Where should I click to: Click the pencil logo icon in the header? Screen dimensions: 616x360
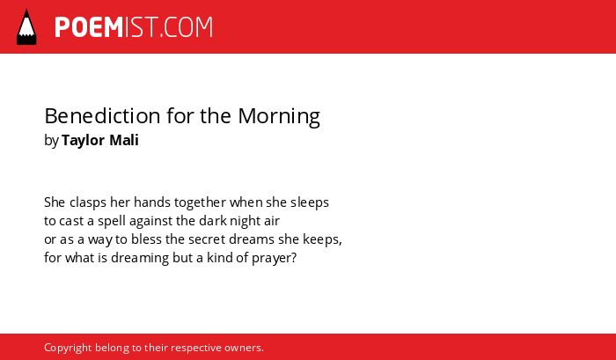pyautogui.click(x=26, y=26)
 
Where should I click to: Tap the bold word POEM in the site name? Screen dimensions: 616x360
pyautogui.click(x=89, y=27)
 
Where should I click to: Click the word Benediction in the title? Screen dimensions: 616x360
pyautogui.click(x=103, y=115)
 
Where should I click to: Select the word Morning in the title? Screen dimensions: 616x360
pyautogui.click(x=279, y=117)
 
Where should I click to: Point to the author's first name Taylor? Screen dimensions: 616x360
pyautogui.click(x=84, y=141)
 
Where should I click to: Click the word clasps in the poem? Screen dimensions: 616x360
pyautogui.click(x=88, y=202)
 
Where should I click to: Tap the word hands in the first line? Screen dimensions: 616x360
pyautogui.click(x=152, y=202)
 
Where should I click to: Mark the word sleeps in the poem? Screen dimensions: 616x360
pyautogui.click(x=310, y=202)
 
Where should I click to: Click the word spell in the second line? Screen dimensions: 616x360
pyautogui.click(x=112, y=221)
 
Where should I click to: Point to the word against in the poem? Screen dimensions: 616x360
pyautogui.click(x=151, y=221)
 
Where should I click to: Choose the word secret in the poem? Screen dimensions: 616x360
pyautogui.click(x=207, y=239)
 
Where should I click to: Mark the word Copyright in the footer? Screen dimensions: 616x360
pyautogui.click(x=68, y=349)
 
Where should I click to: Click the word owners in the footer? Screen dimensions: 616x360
pyautogui.click(x=244, y=349)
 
